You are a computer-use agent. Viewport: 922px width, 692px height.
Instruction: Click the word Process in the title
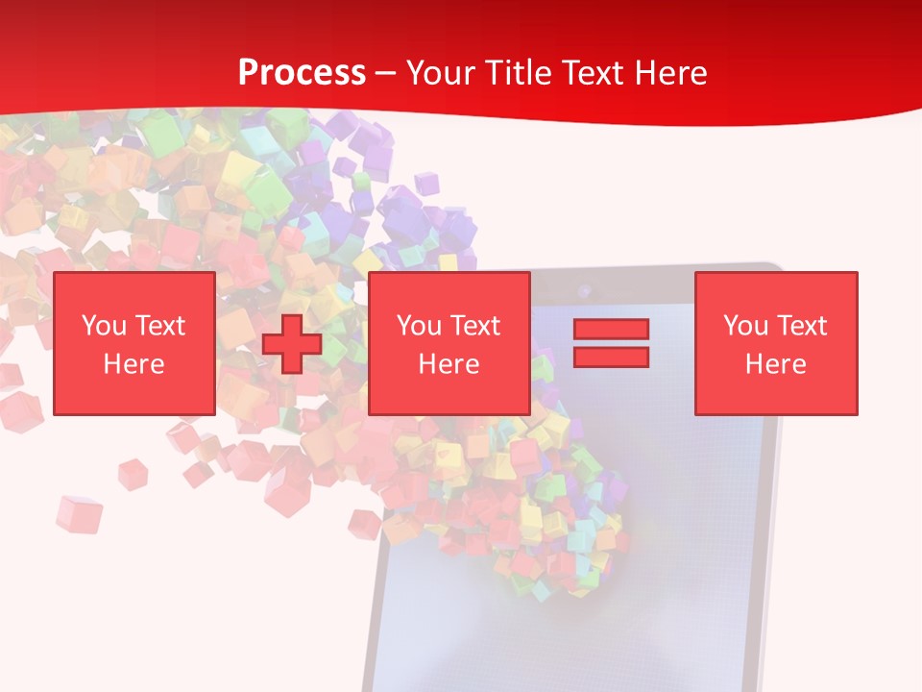point(302,72)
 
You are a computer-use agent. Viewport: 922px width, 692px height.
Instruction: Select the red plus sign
point(292,343)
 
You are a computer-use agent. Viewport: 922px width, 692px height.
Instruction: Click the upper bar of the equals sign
point(611,329)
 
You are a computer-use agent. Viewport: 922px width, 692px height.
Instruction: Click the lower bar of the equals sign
point(611,357)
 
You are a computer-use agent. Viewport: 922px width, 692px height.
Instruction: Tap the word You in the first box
point(104,326)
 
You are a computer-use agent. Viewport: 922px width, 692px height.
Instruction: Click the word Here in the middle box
point(449,364)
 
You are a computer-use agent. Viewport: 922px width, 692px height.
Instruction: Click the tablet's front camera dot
point(583,288)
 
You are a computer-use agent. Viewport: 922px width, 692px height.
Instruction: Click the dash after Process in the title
point(385,73)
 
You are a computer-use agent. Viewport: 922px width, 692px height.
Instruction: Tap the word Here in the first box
point(133,364)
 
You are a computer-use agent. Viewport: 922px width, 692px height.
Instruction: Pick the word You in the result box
point(745,326)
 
